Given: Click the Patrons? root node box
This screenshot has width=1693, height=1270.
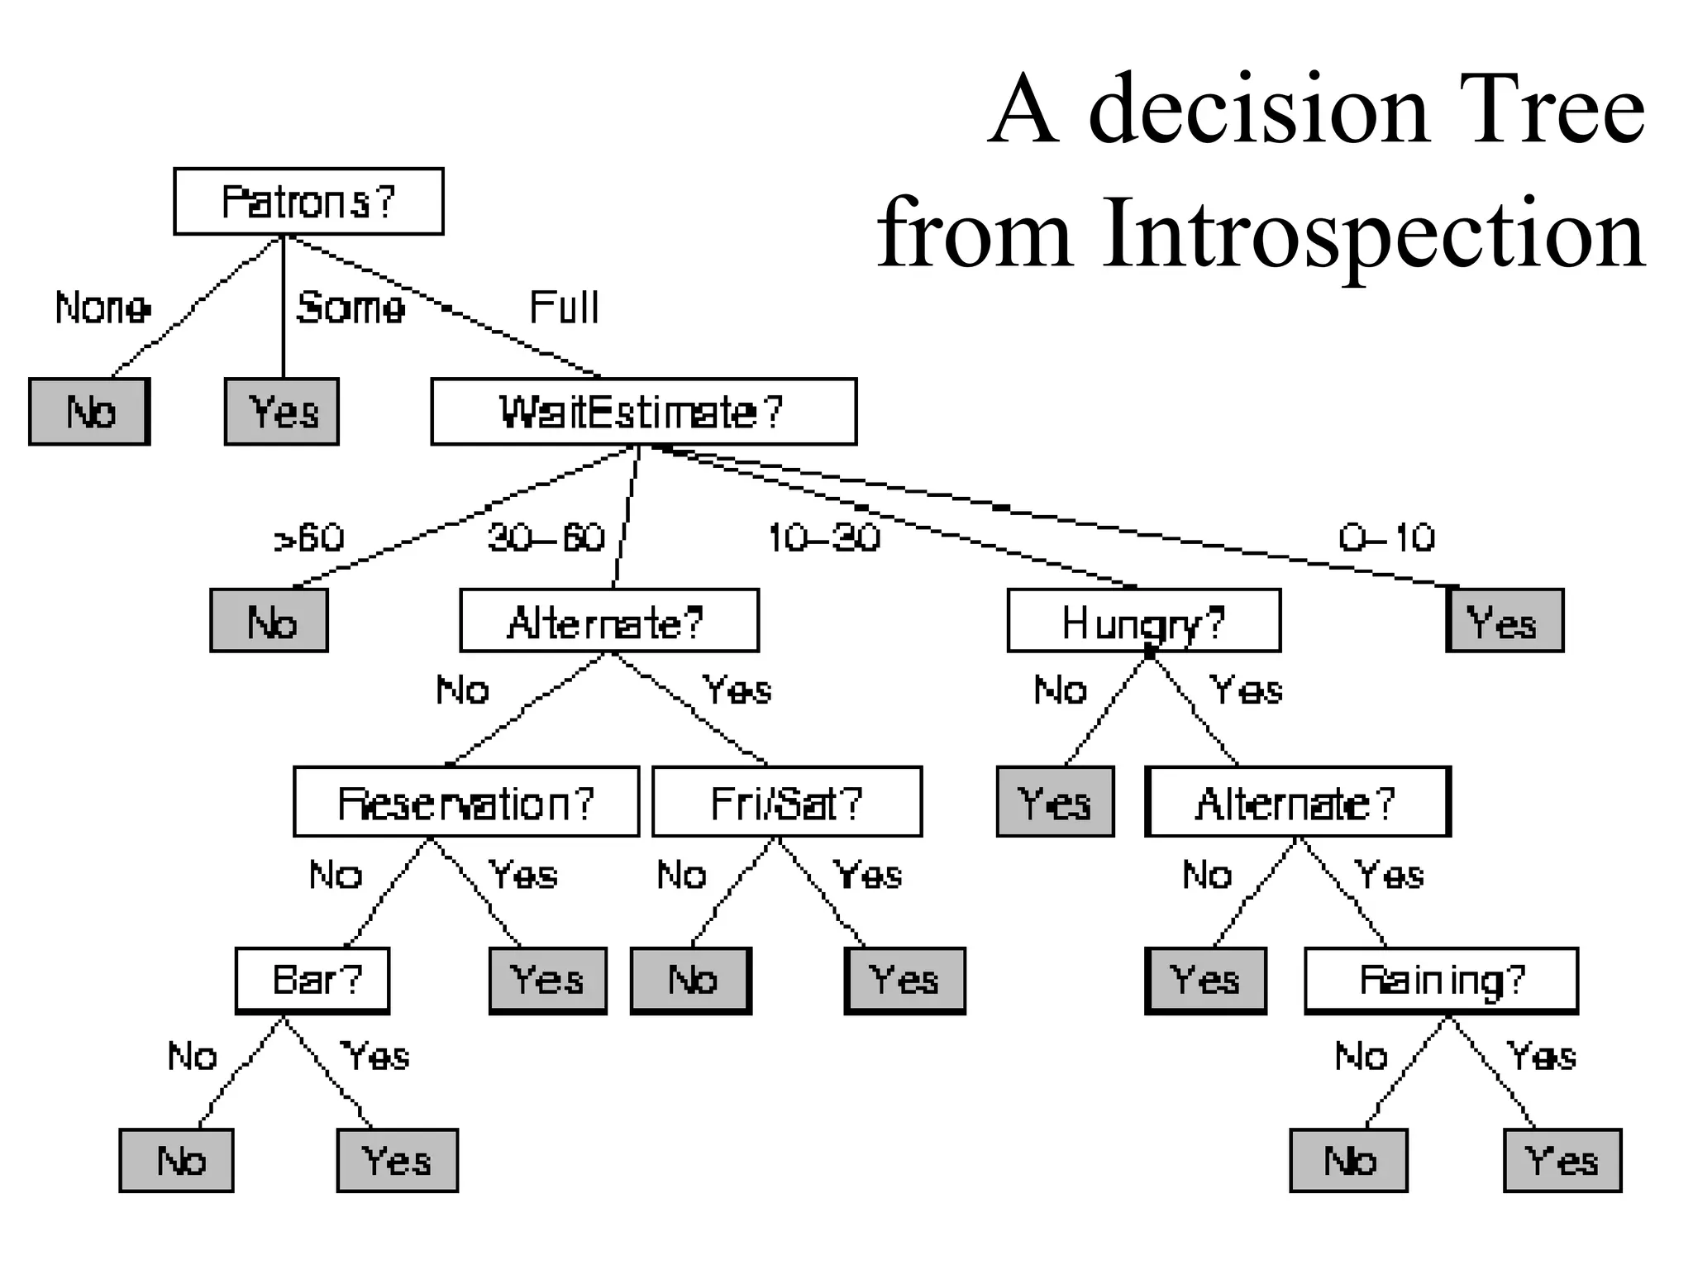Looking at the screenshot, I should tap(308, 202).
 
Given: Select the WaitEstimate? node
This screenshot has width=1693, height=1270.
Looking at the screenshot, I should tap(643, 412).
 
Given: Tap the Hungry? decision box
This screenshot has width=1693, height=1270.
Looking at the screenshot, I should tap(1143, 621).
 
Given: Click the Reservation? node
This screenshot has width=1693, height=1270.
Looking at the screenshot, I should tap(466, 802).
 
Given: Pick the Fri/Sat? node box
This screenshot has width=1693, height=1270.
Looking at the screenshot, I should tap(786, 802).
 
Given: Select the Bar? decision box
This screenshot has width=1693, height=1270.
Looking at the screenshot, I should tap(312, 981).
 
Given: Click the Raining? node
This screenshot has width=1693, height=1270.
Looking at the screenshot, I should tap(1441, 981).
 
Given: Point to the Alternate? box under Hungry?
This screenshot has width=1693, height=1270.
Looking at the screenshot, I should tap(1297, 802).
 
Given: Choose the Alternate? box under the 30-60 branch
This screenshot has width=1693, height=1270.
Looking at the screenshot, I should tap(609, 621).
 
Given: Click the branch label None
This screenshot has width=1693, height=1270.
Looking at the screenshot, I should tap(103, 308).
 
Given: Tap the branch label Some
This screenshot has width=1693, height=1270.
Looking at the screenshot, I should tap(351, 308).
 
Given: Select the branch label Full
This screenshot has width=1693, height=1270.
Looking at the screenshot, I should tap(564, 308).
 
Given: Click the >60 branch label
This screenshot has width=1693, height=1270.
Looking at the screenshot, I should tap(308, 538).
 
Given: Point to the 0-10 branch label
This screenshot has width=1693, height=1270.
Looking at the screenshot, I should tap(1386, 538).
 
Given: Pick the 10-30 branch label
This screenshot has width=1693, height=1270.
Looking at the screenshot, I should tap(823, 538).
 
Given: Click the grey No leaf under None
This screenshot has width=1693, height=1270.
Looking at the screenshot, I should tap(89, 412).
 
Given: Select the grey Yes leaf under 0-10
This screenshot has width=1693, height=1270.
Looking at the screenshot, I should tap(1505, 621).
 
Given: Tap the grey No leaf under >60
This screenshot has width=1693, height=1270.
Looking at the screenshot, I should tap(269, 621).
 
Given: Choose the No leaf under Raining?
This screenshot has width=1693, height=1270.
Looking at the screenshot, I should tap(1348, 1160).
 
